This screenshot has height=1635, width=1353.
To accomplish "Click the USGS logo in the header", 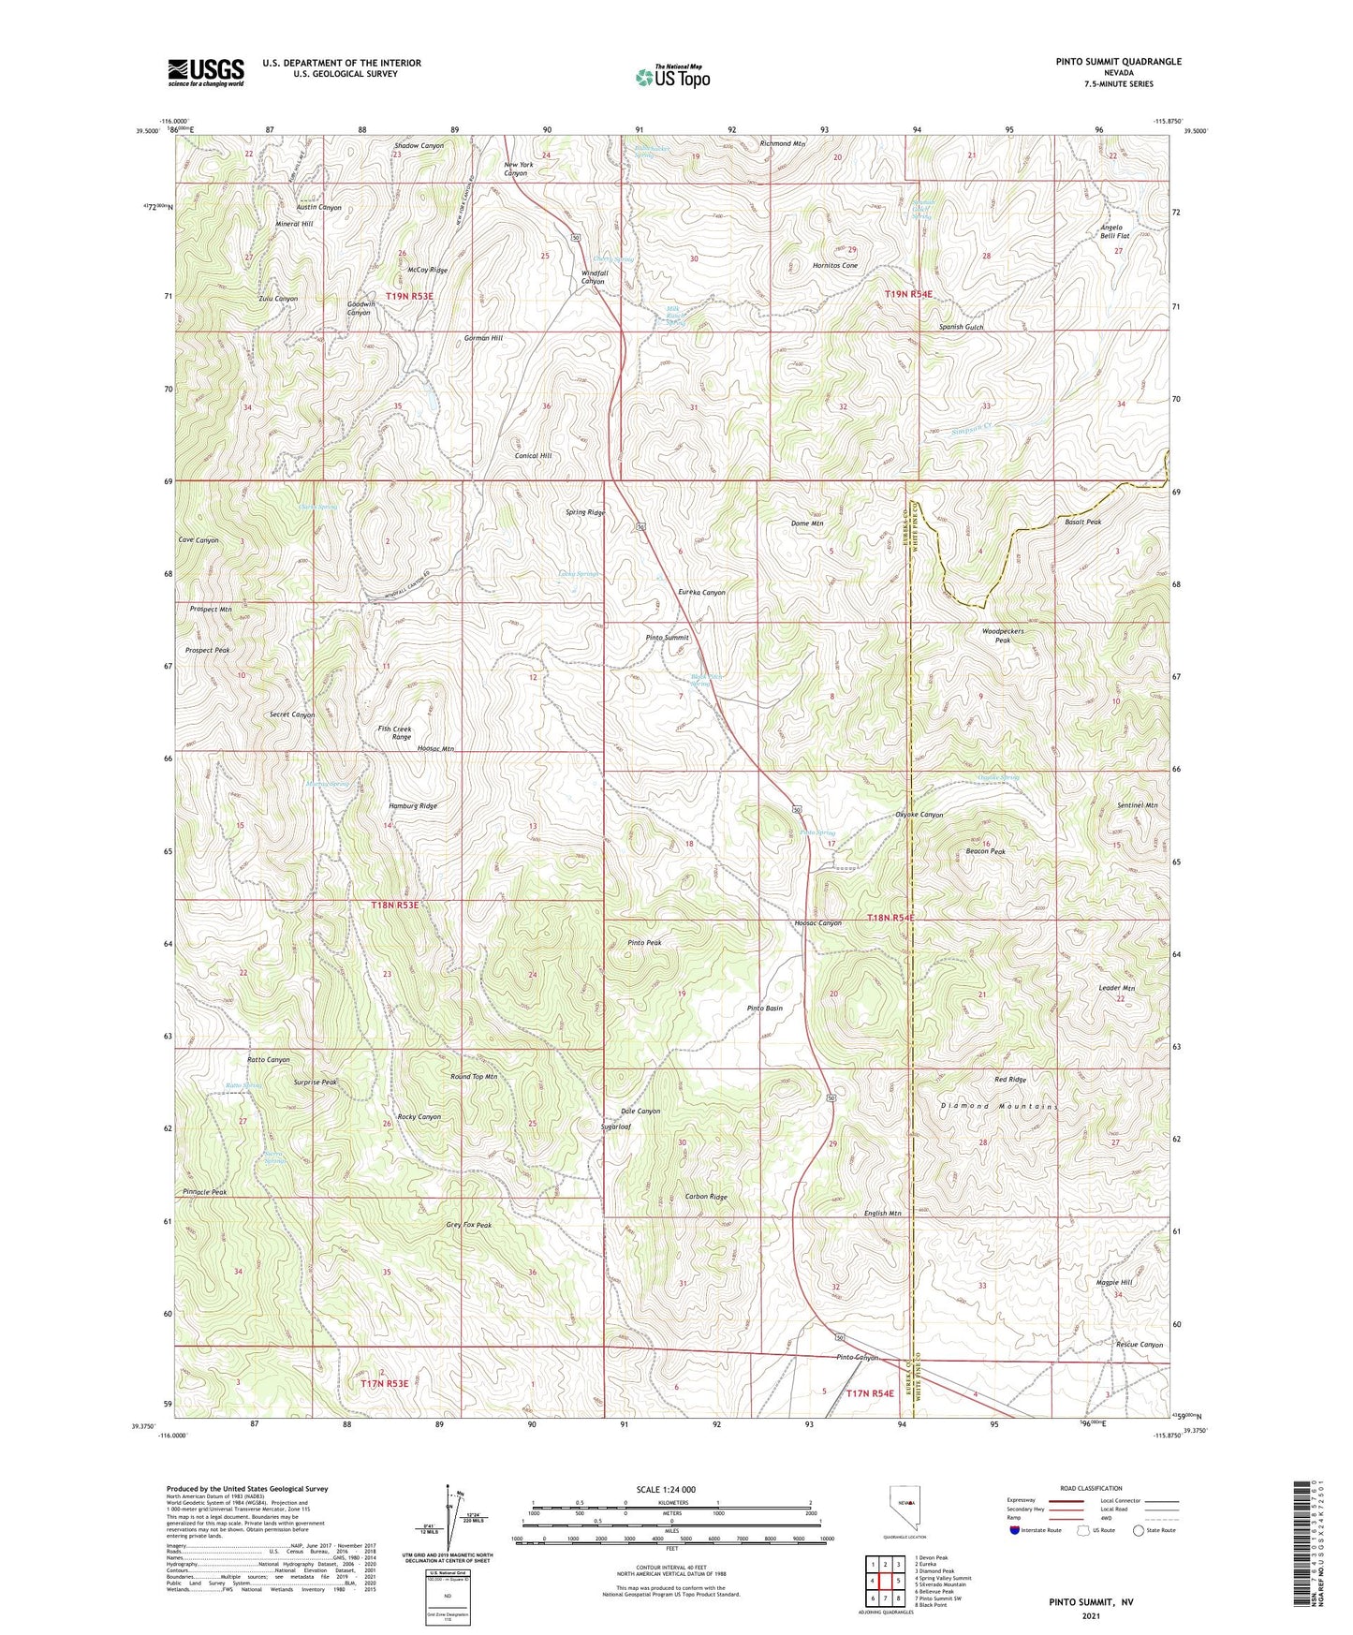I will pyautogui.click(x=205, y=72).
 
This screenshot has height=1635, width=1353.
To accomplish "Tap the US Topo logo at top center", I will pyautogui.click(x=671, y=76).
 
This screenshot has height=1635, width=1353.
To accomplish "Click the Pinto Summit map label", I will pyautogui.click(x=667, y=638).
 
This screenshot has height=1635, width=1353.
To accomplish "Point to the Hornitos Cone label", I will pyautogui.click(x=834, y=266).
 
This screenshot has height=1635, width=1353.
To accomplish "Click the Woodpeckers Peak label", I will pyautogui.click(x=1003, y=636).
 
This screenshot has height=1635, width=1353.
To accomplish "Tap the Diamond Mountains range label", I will pyautogui.click(x=998, y=1107).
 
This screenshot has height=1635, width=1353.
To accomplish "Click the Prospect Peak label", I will pyautogui.click(x=207, y=650).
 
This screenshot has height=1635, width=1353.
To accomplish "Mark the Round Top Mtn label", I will pyautogui.click(x=473, y=1077).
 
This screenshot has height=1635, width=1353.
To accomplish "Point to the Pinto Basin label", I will pyautogui.click(x=764, y=1009).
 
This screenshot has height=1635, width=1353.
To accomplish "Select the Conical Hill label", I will pyautogui.click(x=533, y=456).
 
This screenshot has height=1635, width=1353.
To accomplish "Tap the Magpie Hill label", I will pyautogui.click(x=1114, y=1283).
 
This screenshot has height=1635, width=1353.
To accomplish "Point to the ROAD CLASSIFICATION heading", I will pyautogui.click(x=1091, y=1488).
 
